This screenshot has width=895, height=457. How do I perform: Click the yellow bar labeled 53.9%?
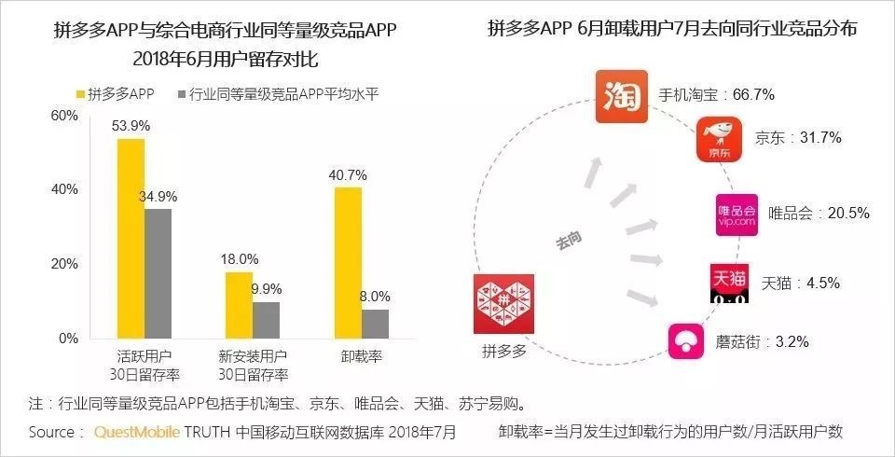(x=131, y=238)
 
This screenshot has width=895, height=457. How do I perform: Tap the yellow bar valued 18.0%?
(x=239, y=305)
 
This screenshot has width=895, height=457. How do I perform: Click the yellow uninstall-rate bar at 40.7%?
(x=347, y=262)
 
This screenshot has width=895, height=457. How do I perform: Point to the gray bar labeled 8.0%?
(x=375, y=324)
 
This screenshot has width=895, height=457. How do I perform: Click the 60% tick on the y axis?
(x=64, y=115)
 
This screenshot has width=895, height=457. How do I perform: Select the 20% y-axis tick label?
(x=64, y=264)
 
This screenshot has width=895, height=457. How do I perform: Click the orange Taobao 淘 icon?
(x=621, y=98)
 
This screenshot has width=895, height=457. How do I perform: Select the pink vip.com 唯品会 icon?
(x=736, y=214)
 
